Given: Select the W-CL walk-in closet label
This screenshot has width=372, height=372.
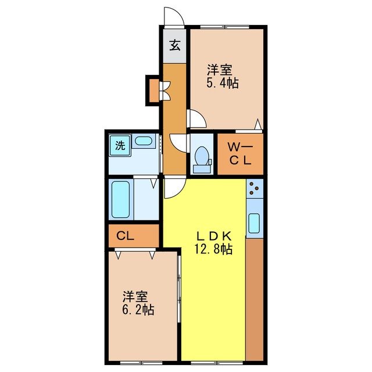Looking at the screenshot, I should pyautogui.click(x=239, y=155).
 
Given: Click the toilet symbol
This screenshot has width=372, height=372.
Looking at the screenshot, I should pyautogui.click(x=202, y=156).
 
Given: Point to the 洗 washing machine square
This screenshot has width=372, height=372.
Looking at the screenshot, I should pyautogui.click(x=119, y=145).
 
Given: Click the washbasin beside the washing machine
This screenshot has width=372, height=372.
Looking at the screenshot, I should pyautogui.click(x=142, y=141).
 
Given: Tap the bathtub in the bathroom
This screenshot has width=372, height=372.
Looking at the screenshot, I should pyautogui.click(x=121, y=200).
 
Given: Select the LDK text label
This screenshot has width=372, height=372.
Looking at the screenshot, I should pyautogui.click(x=213, y=236).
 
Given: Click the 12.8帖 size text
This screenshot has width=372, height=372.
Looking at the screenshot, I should pyautogui.click(x=213, y=250).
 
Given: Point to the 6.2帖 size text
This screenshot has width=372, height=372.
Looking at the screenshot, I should pyautogui.click(x=138, y=310).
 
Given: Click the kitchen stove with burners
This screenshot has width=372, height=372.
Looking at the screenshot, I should pyautogui.click(x=255, y=188).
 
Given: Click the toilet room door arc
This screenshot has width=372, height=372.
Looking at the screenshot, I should pyautogui.click(x=178, y=142).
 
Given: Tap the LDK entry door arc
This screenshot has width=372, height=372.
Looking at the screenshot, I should pyautogui.click(x=173, y=188).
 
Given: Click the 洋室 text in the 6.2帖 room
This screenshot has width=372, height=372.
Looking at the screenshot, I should pyautogui.click(x=134, y=295).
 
